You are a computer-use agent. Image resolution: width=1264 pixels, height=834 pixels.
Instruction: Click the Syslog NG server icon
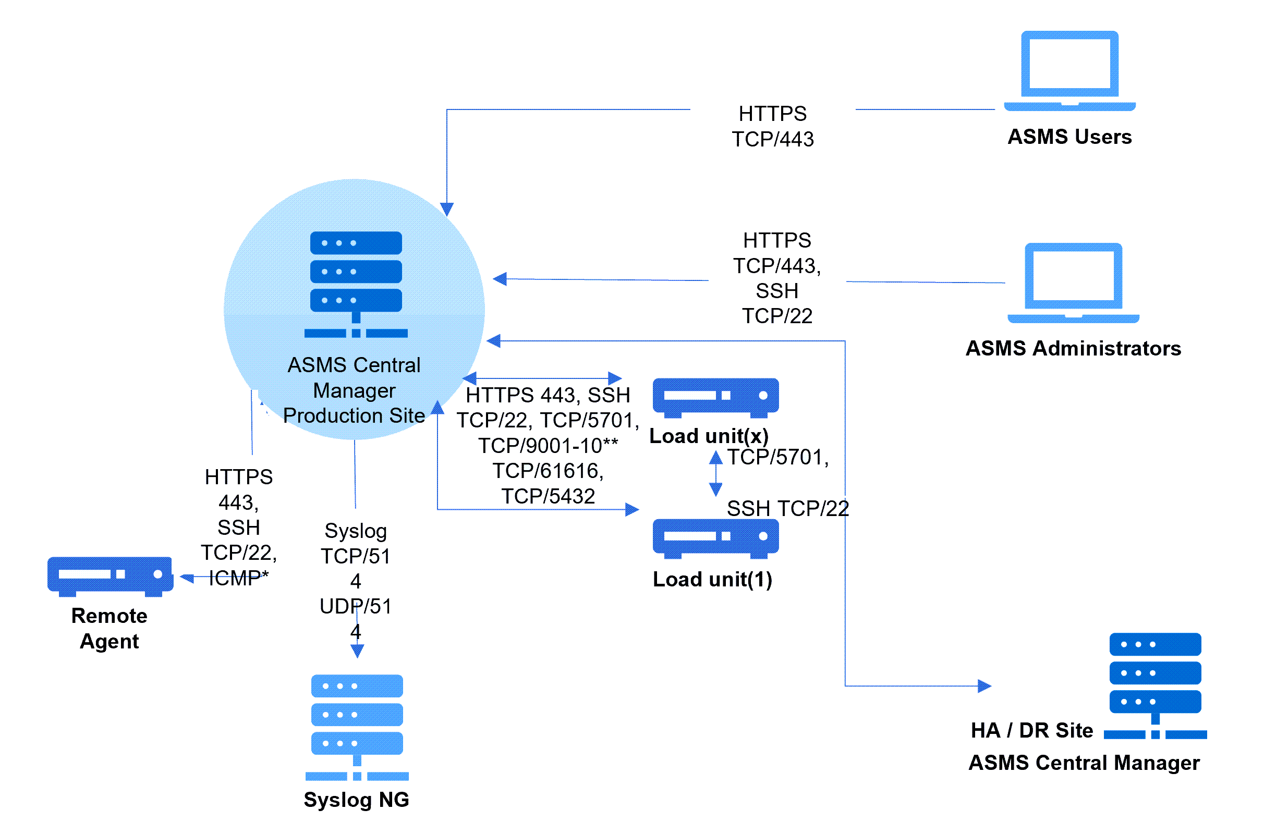pyautogui.click(x=357, y=727)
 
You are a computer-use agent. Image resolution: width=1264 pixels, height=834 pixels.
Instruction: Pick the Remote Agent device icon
pyautogui.click(x=110, y=576)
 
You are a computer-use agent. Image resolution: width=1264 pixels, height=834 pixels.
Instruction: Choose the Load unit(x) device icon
pyautogui.click(x=715, y=397)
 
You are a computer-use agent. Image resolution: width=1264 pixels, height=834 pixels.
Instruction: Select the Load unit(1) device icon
pyautogui.click(x=715, y=538)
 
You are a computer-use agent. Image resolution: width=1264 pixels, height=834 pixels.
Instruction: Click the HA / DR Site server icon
pyautogui.click(x=1154, y=685)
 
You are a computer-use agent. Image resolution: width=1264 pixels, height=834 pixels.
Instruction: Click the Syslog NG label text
pyautogui.click(x=357, y=800)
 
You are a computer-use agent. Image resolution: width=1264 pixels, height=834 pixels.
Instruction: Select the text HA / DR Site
pyautogui.click(x=1031, y=730)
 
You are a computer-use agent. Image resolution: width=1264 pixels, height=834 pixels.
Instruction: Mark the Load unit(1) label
pyautogui.click(x=712, y=579)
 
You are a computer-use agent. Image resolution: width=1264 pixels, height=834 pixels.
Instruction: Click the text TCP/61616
pyautogui.click(x=548, y=471)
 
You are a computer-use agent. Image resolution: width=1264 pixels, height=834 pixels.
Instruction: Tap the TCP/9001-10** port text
pyautogui.click(x=548, y=446)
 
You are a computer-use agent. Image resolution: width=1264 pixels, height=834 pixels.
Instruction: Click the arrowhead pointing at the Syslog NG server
pyautogui.click(x=357, y=651)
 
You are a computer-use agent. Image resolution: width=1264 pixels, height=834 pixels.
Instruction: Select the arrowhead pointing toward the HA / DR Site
pyautogui.click(x=984, y=685)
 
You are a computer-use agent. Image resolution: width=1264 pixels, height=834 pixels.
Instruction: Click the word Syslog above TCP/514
pyautogui.click(x=355, y=531)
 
